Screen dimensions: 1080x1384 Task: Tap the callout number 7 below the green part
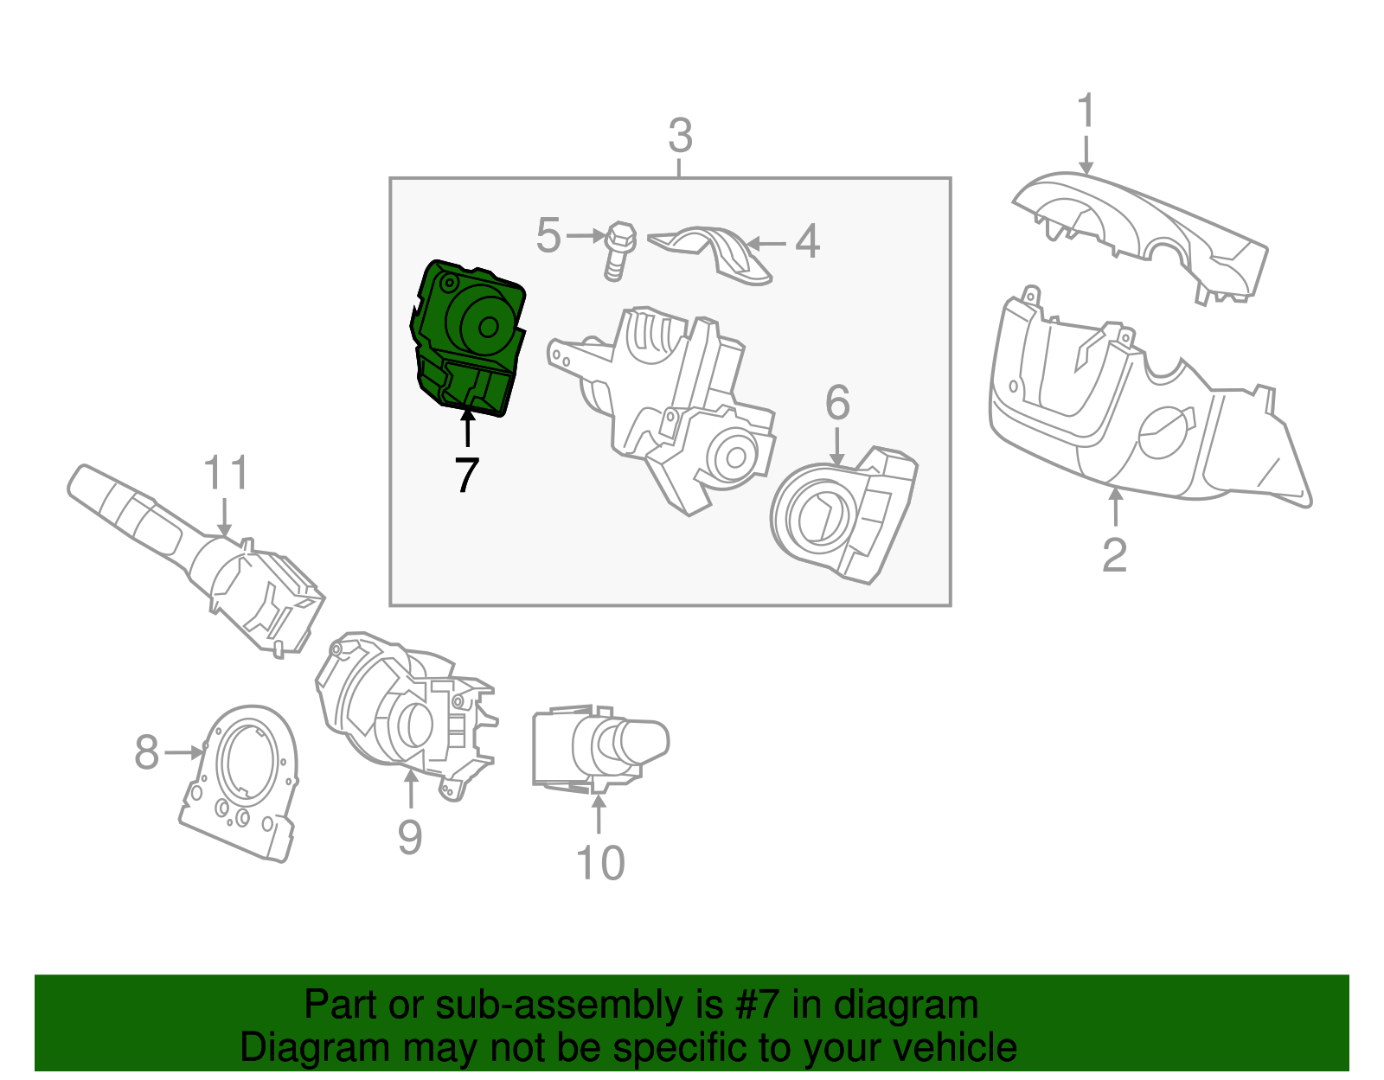(x=466, y=476)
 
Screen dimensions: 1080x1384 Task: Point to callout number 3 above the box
(x=680, y=137)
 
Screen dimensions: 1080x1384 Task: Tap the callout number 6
(x=837, y=402)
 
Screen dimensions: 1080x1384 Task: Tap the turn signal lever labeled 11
(x=199, y=553)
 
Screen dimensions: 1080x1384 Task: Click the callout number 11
(x=226, y=474)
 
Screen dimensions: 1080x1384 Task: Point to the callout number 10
(x=599, y=863)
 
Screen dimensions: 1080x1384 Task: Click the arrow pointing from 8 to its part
(x=183, y=752)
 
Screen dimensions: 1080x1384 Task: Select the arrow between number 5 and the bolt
(x=586, y=235)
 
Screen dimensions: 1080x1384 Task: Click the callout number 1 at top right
(x=1086, y=112)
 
